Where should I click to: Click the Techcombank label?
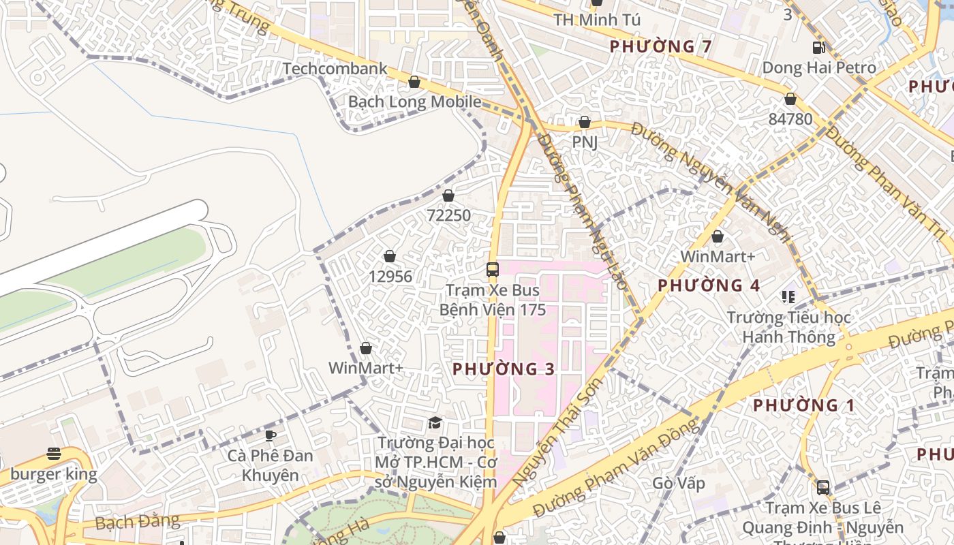click(x=335, y=69)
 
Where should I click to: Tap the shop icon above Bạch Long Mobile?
click(x=414, y=82)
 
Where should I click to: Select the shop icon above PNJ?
click(x=584, y=123)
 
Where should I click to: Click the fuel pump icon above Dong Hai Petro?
click(x=818, y=48)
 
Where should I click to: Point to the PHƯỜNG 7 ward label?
click(x=660, y=46)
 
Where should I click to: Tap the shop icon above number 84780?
click(x=790, y=99)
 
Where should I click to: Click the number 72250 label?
click(x=448, y=215)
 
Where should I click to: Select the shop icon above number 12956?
click(x=390, y=256)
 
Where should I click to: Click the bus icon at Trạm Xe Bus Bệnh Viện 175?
click(x=492, y=270)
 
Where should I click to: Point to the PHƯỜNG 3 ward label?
click(x=504, y=369)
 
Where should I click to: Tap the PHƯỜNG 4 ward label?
click(x=708, y=285)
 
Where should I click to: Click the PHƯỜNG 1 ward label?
click(x=803, y=405)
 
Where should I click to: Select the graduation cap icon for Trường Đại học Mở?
click(x=435, y=423)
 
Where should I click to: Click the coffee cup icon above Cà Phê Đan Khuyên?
click(x=271, y=435)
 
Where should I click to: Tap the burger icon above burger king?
click(x=54, y=454)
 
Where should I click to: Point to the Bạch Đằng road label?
click(x=138, y=523)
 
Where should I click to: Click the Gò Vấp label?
click(x=678, y=483)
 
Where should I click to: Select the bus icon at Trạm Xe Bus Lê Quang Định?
click(x=823, y=488)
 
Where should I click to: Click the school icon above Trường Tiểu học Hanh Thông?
click(x=788, y=297)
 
